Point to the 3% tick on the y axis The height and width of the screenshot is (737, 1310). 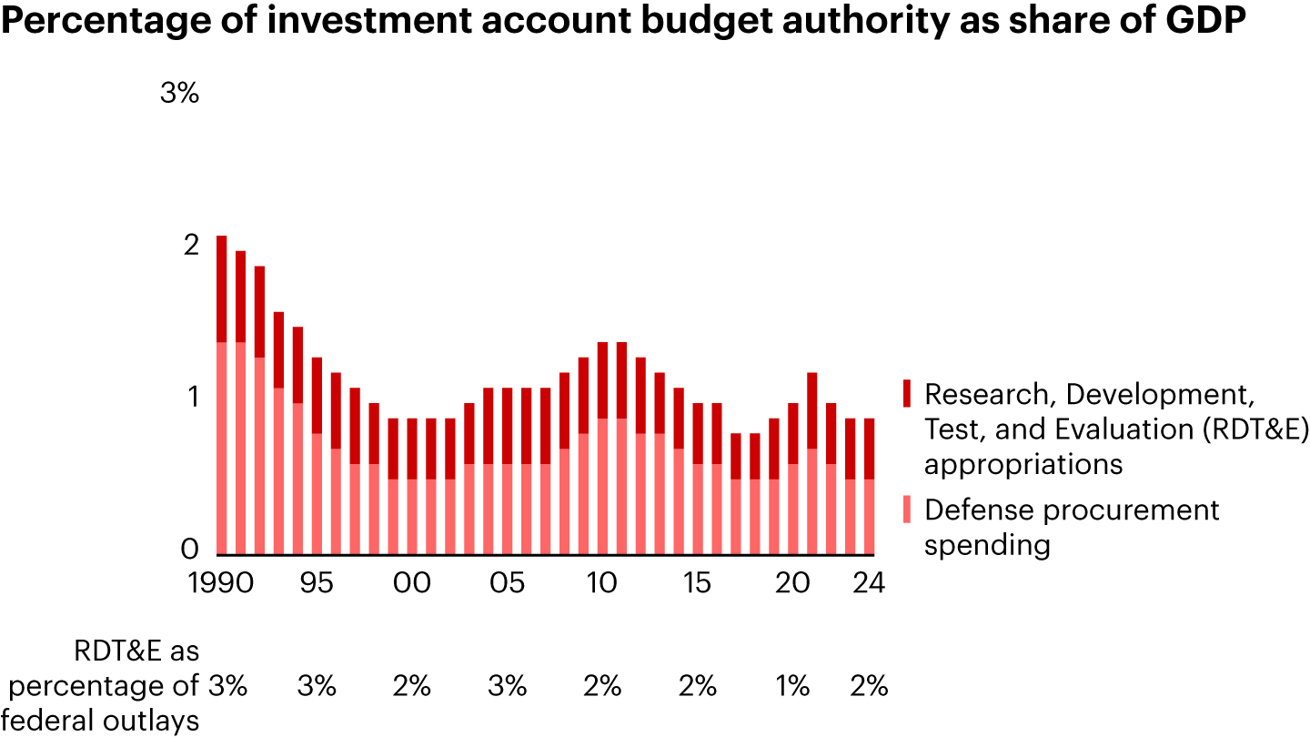point(179,93)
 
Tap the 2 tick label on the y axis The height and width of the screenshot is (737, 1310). point(190,246)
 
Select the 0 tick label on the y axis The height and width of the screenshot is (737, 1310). point(189,550)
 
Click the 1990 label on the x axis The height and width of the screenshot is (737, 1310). point(222,582)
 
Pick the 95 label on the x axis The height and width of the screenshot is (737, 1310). point(317,582)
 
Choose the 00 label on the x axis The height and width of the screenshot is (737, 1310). point(412,582)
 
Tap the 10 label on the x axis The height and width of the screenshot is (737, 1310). point(602,582)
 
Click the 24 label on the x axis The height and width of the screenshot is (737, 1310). point(869,582)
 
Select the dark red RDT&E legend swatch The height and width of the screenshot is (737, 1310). point(905,394)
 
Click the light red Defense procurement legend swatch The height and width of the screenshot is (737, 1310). point(905,510)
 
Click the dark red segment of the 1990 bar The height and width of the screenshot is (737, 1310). point(221,288)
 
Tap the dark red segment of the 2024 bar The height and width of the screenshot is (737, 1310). point(869,449)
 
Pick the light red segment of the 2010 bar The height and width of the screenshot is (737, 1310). point(602,486)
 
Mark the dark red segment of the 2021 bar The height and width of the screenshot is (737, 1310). point(811,410)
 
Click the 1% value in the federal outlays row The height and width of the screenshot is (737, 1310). point(792,686)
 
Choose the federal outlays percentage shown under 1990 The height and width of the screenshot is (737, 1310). point(227,686)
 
